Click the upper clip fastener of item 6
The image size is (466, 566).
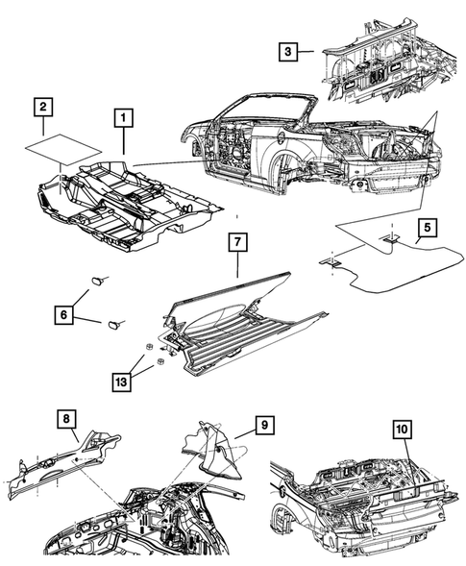98,279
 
